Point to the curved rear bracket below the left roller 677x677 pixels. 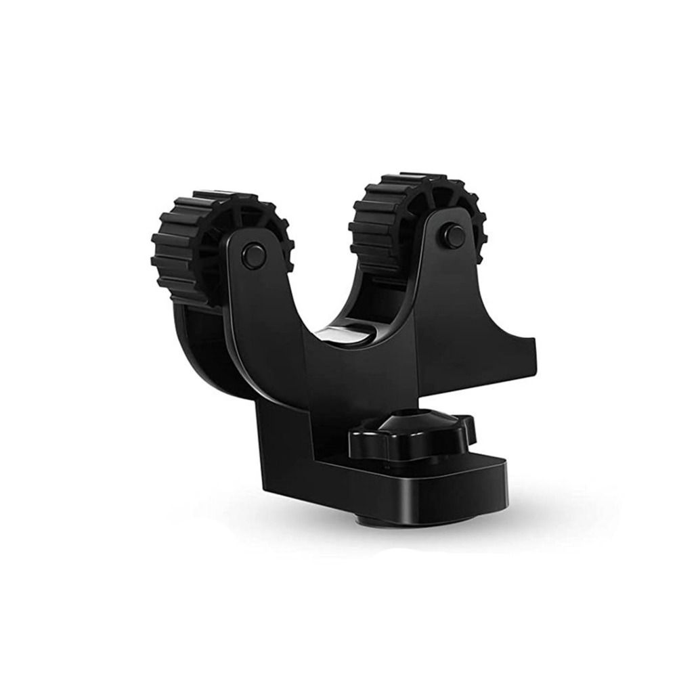pos(203,352)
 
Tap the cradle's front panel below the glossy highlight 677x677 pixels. pos(352,379)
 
